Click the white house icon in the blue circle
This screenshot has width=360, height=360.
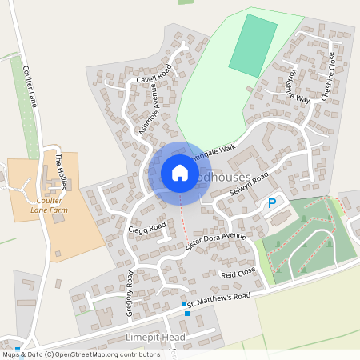[x=180, y=173]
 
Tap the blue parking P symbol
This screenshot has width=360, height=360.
[x=272, y=203]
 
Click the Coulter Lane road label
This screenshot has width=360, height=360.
[x=31, y=86]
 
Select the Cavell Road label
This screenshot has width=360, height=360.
[x=154, y=79]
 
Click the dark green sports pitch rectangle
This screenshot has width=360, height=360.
[x=253, y=46]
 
